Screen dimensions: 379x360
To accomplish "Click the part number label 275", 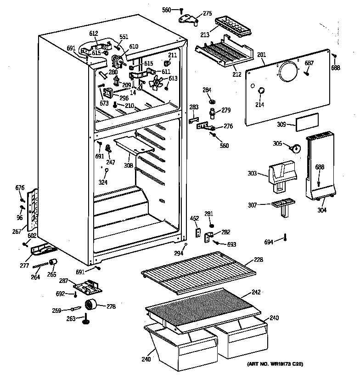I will (x=208, y=14).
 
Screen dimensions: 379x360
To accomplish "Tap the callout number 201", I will (x=261, y=55).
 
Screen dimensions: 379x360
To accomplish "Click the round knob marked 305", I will (x=296, y=148).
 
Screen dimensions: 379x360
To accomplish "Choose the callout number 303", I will (x=253, y=173).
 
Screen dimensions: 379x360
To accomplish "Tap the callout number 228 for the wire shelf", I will (x=259, y=260).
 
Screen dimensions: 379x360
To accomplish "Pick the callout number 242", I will (x=256, y=292).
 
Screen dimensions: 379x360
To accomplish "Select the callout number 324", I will (x=104, y=182).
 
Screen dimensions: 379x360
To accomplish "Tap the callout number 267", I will (x=17, y=232).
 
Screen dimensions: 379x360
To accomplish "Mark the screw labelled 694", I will (x=285, y=238).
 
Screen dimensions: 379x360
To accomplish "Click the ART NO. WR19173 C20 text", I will (x=275, y=364).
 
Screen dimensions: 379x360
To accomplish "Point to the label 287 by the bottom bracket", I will (x=64, y=281).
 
